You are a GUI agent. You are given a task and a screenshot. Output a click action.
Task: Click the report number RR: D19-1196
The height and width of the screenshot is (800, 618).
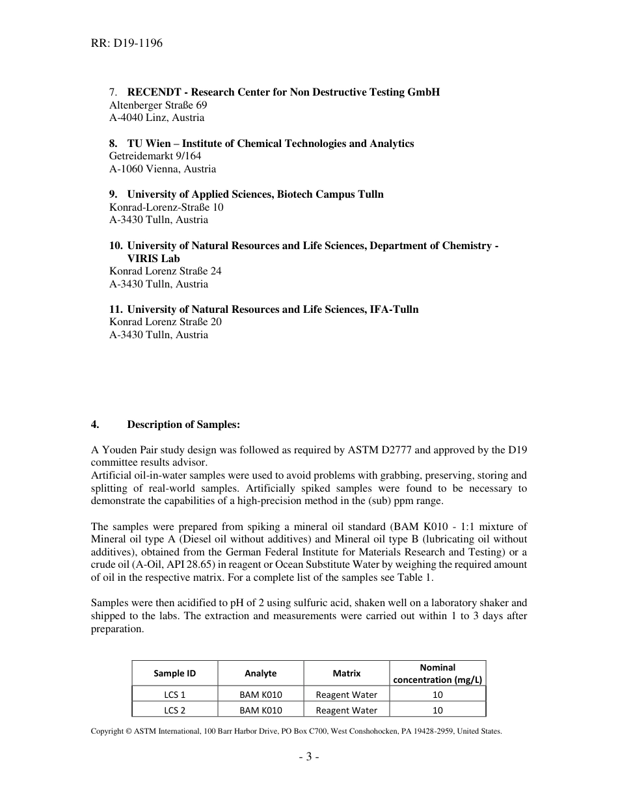(x=126, y=44)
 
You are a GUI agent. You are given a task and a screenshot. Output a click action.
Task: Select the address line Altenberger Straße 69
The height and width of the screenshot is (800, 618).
(x=158, y=105)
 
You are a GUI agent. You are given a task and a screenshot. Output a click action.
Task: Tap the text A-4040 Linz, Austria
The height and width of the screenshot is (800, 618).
(x=156, y=118)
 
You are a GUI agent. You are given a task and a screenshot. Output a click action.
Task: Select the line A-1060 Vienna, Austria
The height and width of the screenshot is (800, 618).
(x=162, y=169)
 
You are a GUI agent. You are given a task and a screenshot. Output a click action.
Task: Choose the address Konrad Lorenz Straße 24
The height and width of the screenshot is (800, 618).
(x=165, y=271)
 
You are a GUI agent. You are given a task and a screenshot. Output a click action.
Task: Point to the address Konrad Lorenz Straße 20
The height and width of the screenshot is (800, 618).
(x=165, y=322)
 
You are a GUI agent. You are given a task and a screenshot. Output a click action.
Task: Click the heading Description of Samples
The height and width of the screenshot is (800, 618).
(x=183, y=425)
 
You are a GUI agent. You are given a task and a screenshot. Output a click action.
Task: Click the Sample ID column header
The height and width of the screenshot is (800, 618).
(x=174, y=673)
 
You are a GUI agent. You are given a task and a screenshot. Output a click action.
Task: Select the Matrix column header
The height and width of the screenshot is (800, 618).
(x=346, y=673)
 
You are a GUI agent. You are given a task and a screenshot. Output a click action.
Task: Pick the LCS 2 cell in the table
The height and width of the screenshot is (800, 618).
(x=174, y=710)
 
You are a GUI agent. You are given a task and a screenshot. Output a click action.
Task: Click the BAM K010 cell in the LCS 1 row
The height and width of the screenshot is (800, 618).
(x=260, y=695)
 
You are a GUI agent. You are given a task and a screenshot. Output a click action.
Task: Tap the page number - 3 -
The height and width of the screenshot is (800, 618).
(x=309, y=756)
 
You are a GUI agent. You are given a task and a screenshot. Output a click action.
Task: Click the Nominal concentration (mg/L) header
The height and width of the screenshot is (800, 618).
(x=437, y=673)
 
